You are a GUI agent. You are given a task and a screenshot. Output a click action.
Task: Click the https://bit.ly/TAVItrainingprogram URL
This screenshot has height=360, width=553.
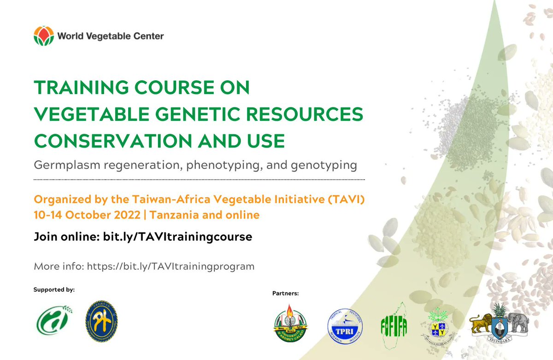171,266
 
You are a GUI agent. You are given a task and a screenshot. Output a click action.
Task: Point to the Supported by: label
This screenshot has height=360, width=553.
54,290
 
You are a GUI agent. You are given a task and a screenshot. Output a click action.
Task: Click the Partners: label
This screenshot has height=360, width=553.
286,293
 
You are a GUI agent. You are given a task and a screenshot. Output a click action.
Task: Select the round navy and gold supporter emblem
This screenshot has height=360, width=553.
101,321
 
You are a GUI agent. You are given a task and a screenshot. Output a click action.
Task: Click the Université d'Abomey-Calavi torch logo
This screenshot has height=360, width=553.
290,325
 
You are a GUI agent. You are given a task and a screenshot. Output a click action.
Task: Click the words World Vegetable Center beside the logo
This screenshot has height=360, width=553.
111,35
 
